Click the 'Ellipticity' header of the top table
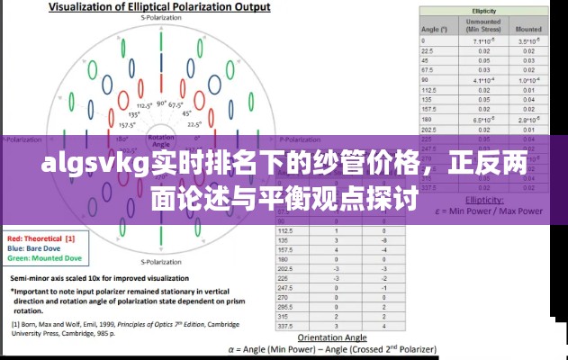(x=482, y=10)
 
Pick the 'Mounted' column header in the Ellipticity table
(x=528, y=29)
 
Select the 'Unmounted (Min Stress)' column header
(x=482, y=25)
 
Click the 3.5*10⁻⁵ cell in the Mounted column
(x=528, y=41)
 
